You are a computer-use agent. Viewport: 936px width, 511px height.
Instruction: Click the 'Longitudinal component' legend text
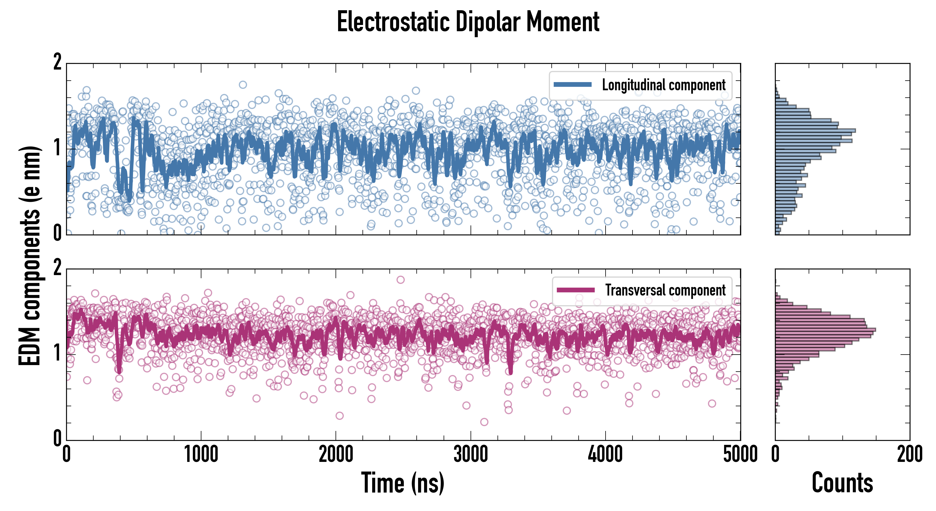click(663, 85)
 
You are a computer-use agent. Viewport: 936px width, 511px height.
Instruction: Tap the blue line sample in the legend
click(572, 84)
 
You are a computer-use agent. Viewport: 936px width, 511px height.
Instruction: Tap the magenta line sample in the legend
click(575, 290)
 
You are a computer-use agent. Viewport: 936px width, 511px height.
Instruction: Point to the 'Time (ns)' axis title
click(402, 483)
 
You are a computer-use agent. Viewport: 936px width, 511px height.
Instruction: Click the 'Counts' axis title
click(842, 483)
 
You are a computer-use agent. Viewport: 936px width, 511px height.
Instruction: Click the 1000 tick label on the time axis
click(201, 455)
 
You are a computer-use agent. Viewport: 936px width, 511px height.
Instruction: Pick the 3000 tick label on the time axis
click(471, 455)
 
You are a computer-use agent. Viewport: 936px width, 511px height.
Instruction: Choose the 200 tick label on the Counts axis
click(909, 455)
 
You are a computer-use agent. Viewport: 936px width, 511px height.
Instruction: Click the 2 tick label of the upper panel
click(57, 62)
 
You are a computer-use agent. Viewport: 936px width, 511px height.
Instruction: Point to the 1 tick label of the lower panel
click(57, 353)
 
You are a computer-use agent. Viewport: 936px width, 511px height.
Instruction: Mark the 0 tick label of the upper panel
click(57, 233)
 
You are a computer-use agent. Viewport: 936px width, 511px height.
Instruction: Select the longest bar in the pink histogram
click(825, 330)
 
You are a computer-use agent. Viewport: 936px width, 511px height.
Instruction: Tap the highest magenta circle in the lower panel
click(400, 280)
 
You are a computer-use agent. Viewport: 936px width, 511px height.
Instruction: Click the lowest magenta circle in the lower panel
click(484, 422)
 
